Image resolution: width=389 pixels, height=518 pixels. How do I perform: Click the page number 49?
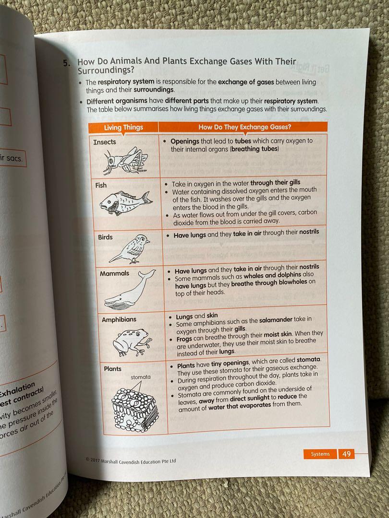tap(346, 454)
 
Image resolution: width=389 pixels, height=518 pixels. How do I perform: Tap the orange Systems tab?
tap(320, 454)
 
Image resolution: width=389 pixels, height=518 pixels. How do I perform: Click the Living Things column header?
tap(123, 127)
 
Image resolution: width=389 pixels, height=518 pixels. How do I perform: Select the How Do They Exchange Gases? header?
tap(244, 127)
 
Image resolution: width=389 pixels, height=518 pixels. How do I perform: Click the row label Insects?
tap(105, 142)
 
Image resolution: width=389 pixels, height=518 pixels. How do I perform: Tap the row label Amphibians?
tap(119, 319)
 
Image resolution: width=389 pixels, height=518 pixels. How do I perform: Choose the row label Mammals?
tap(114, 273)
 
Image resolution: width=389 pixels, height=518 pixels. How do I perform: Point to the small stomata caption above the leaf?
tap(140, 377)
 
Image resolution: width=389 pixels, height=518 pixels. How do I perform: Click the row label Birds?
tap(106, 237)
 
